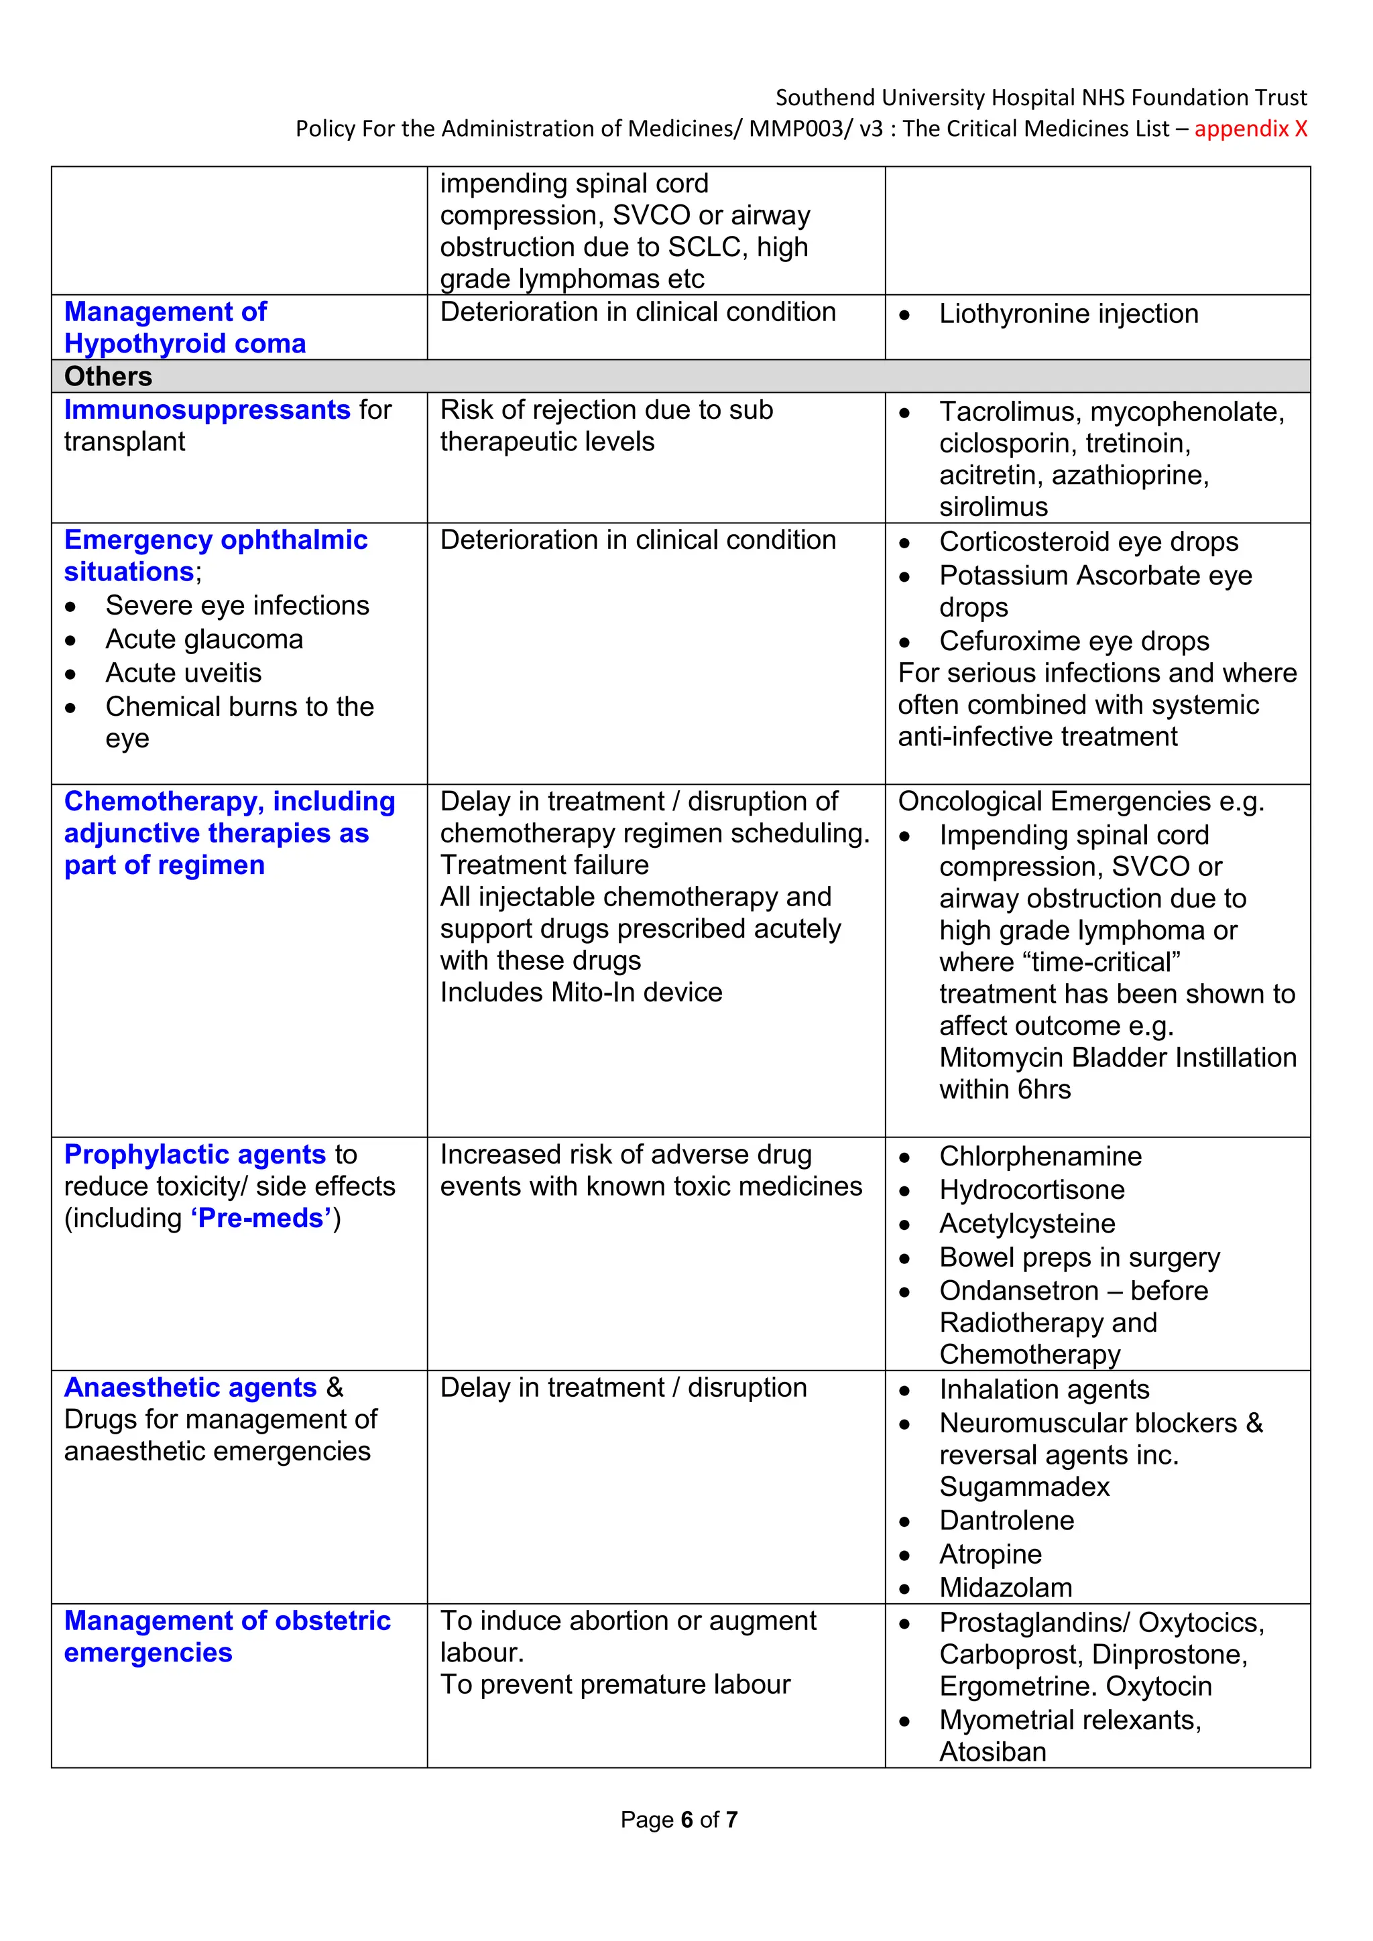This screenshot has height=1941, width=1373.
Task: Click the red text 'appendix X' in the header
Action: click(x=1250, y=129)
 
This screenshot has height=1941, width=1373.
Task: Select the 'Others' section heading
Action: click(x=108, y=376)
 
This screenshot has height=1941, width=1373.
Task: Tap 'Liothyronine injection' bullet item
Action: click(x=1068, y=314)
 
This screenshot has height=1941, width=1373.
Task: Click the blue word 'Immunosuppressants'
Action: click(x=207, y=410)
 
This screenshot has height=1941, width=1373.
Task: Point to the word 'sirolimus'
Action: click(x=994, y=507)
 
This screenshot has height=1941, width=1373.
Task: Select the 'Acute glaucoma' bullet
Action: click(x=204, y=639)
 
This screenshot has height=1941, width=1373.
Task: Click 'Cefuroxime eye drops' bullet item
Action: click(x=1074, y=641)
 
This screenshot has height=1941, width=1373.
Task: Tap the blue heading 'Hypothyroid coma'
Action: click(x=184, y=344)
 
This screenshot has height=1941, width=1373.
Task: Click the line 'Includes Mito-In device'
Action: click(x=581, y=993)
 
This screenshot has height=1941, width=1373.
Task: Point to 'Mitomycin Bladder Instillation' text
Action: click(x=1117, y=1058)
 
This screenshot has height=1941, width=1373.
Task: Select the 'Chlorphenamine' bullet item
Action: click(x=1040, y=1156)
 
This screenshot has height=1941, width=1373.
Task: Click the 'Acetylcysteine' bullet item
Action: click(x=1026, y=1223)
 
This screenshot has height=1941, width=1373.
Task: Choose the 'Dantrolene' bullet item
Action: click(x=1006, y=1520)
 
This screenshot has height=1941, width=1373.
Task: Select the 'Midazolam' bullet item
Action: click(x=1005, y=1588)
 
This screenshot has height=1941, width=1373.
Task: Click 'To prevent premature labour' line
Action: click(x=615, y=1685)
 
